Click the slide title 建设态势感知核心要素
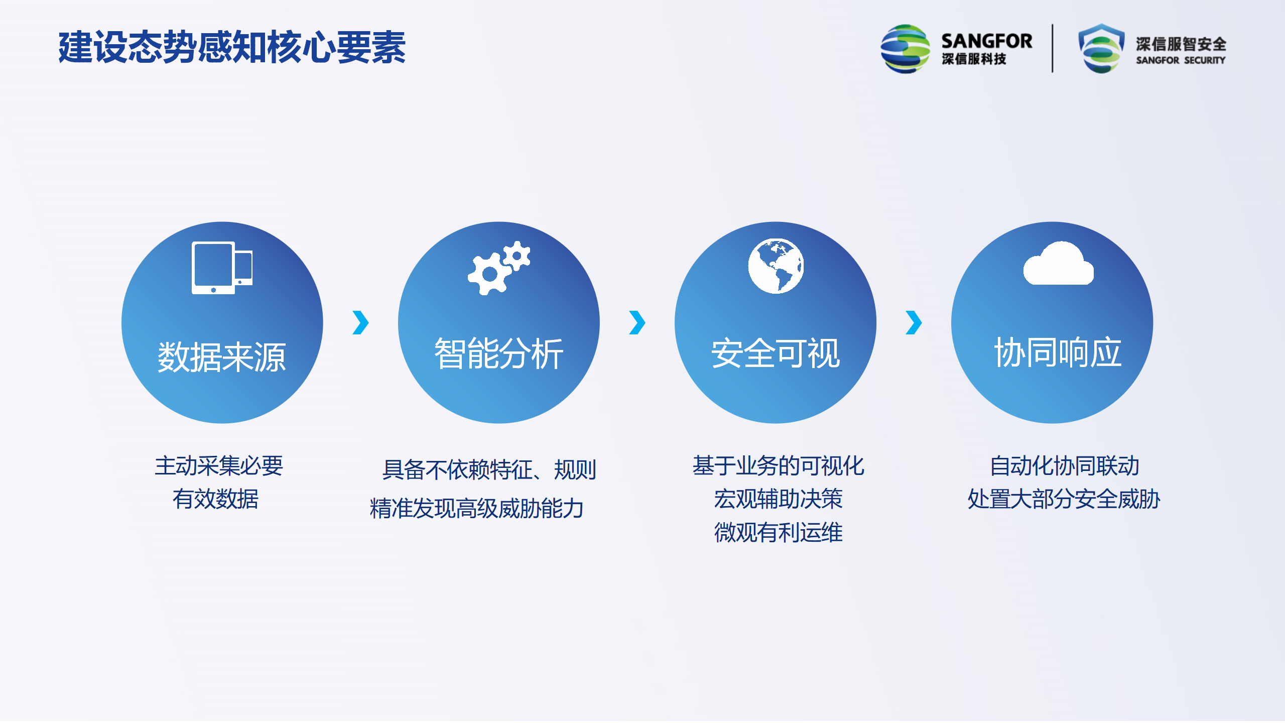[232, 47]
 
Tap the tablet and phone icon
[222, 268]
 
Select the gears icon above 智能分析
[499, 268]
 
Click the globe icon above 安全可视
[776, 266]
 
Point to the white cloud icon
[1059, 263]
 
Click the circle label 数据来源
[222, 357]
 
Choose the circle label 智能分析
[499, 353]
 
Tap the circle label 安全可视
[776, 353]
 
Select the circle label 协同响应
[1058, 352]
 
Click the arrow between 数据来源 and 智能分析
[361, 322]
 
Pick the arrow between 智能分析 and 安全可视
[637, 322]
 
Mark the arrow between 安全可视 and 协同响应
[914, 322]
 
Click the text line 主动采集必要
[219, 465]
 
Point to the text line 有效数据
[216, 499]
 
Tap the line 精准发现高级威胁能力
[476, 508]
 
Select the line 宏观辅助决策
[778, 499]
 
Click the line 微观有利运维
[778, 532]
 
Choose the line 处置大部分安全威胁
[1064, 499]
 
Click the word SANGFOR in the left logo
[987, 41]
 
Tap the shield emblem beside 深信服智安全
[1101, 49]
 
